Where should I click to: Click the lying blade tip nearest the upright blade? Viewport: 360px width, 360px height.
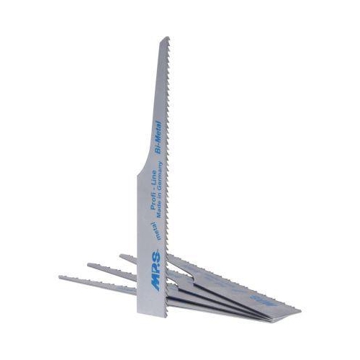[x=122, y=256]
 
